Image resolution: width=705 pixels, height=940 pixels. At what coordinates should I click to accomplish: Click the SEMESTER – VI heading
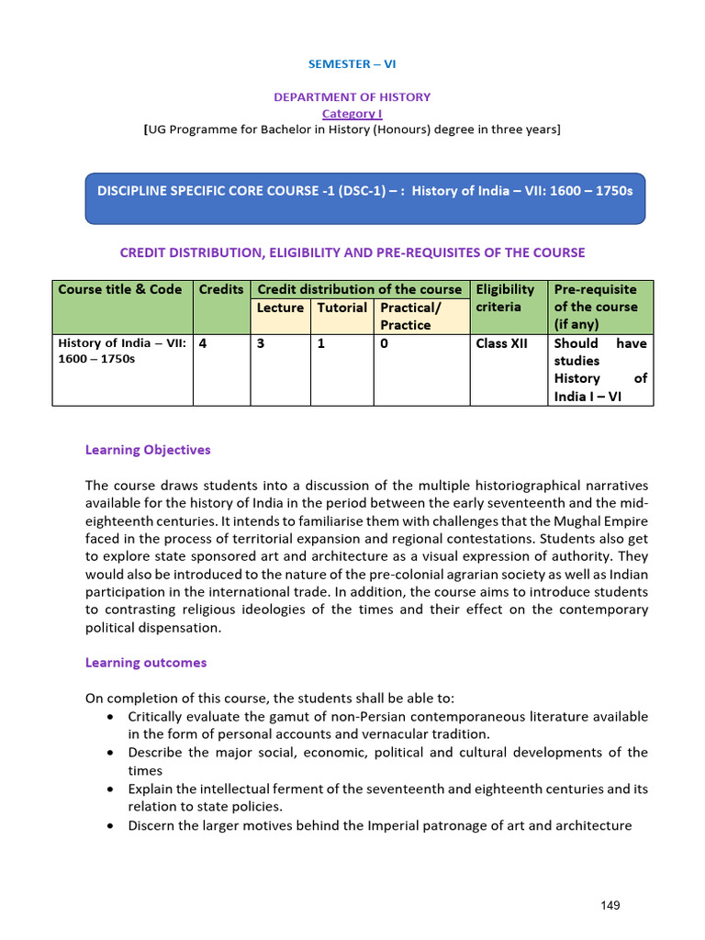[x=352, y=64]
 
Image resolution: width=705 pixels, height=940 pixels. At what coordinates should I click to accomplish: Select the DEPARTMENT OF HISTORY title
[x=352, y=96]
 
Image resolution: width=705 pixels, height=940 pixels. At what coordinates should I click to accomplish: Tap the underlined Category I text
[x=352, y=113]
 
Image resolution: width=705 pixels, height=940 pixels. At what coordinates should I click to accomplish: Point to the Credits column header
[x=221, y=289]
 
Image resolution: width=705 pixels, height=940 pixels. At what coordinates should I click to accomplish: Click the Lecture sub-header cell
[x=280, y=308]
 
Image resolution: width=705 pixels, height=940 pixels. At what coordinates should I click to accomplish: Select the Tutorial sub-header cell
[x=341, y=308]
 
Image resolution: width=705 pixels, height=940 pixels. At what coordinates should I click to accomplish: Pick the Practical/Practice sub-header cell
[x=410, y=316]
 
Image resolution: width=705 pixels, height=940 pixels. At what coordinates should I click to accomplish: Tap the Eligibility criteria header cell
[x=505, y=298]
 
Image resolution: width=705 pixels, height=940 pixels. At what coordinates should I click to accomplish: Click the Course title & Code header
[x=120, y=289]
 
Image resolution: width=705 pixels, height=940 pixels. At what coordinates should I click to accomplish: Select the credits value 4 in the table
[x=203, y=343]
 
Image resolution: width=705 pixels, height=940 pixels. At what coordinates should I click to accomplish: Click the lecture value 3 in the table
[x=261, y=343]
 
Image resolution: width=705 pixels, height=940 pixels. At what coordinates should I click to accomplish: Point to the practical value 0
[x=384, y=343]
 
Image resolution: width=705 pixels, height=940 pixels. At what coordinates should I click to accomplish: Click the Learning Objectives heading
[x=148, y=450]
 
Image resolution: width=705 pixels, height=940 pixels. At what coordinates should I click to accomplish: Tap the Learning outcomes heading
[x=146, y=663]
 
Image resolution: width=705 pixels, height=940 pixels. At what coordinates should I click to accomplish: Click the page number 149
[x=610, y=905]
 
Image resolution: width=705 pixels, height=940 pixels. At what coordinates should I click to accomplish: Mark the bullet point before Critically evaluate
[x=110, y=716]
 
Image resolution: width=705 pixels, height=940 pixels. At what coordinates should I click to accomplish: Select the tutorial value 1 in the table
[x=320, y=343]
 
